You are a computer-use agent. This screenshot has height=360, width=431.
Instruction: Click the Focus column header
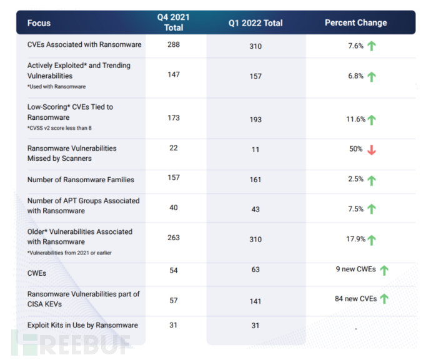[x=39, y=23]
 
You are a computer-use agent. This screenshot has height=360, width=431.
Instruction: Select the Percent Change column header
[x=355, y=23]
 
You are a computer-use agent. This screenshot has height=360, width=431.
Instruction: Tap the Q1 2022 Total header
[x=255, y=23]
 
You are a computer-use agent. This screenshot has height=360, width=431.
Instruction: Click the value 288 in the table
[x=174, y=44]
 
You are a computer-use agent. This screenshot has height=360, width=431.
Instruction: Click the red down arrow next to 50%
[x=372, y=150]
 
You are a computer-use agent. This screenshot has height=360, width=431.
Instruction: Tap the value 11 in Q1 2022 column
[x=255, y=150]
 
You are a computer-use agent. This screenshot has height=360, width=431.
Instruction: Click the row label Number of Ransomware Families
[x=81, y=180]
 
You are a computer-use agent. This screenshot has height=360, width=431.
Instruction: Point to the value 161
[x=255, y=180]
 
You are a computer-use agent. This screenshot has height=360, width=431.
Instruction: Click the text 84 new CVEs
[x=355, y=299]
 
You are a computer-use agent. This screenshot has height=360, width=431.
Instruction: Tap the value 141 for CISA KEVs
[x=255, y=300]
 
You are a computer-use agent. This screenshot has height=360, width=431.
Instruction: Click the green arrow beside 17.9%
[x=372, y=240]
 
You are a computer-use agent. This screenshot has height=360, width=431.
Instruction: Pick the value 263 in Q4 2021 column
[x=174, y=236]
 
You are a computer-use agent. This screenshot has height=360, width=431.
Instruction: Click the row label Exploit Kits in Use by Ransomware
[x=82, y=325]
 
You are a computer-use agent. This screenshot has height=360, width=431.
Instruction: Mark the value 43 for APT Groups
[x=255, y=210]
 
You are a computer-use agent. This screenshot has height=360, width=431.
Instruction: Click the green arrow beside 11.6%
[x=372, y=120]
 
